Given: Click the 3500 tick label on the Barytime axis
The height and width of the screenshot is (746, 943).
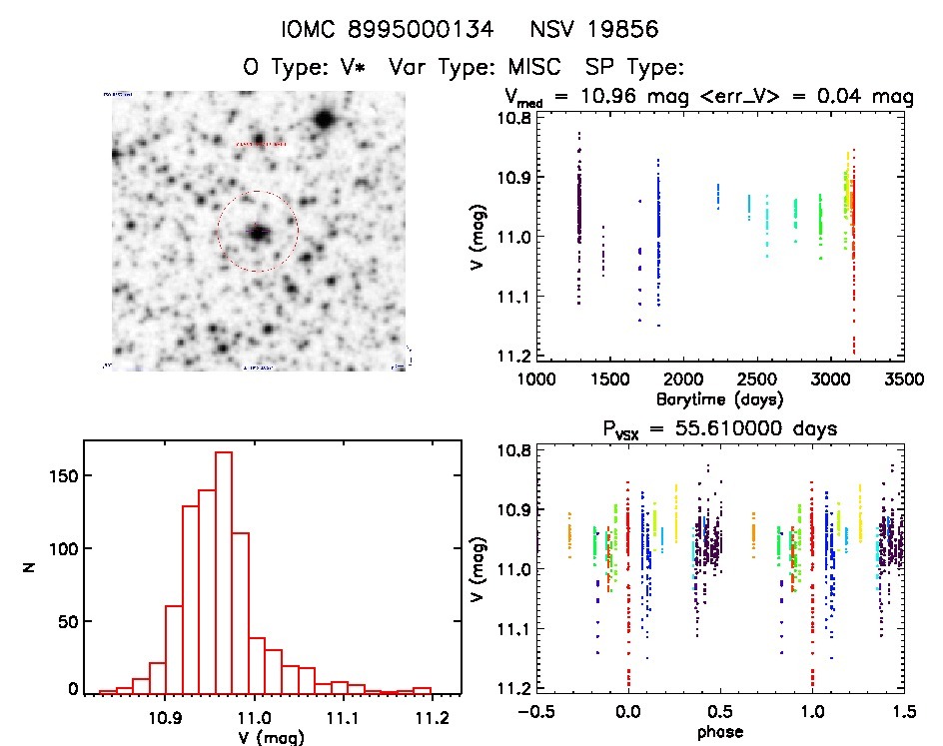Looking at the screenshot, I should (x=903, y=379).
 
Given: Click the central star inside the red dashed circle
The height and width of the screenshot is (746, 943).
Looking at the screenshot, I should (x=259, y=233).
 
